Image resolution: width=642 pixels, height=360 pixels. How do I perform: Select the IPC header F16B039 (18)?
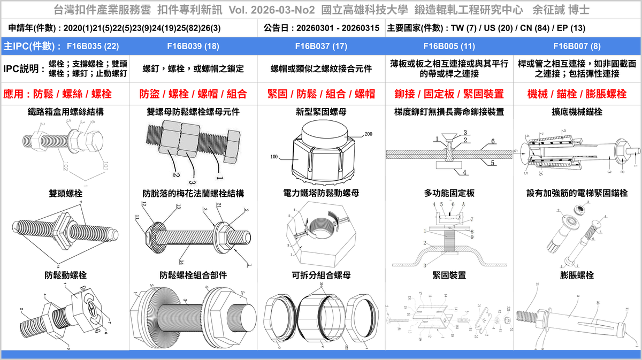[x=193, y=46]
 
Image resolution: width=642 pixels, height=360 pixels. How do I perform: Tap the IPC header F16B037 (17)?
[x=321, y=46]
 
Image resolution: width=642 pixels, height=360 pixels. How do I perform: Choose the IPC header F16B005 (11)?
[x=449, y=46]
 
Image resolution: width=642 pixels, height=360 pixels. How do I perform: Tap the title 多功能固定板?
[x=449, y=193]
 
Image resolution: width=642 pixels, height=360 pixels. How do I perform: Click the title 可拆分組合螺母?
[x=321, y=275]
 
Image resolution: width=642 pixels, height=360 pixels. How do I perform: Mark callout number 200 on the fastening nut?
[x=368, y=135]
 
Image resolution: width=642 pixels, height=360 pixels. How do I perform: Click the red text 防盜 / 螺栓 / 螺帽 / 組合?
[x=193, y=94]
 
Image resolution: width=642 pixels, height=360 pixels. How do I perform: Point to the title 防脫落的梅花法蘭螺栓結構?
[x=193, y=193]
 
